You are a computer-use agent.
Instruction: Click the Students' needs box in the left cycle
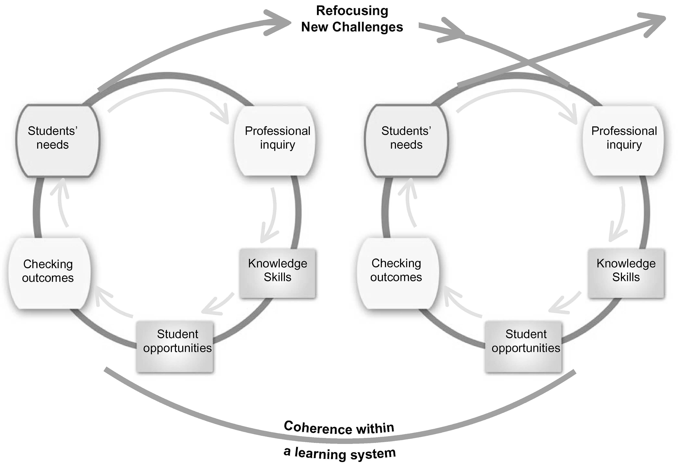pyautogui.click(x=57, y=140)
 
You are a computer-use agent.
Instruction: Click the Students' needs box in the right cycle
pyautogui.click(x=406, y=140)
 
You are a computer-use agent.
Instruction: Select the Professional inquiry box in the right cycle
pyautogui.click(x=623, y=140)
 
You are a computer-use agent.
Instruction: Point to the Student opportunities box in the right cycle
pyautogui.click(x=523, y=346)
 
